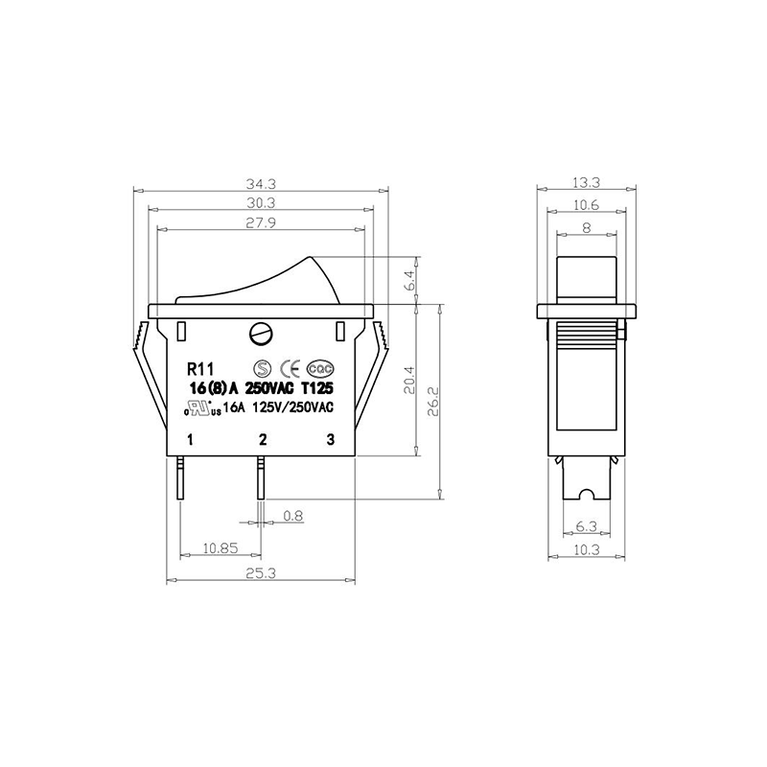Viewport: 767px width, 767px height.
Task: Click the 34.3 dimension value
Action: coord(261,184)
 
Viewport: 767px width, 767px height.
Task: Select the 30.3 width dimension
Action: coord(261,202)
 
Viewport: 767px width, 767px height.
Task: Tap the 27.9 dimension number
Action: coord(261,222)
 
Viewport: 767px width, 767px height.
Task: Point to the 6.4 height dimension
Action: coord(410,280)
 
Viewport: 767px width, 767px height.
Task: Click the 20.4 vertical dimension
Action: coord(409,380)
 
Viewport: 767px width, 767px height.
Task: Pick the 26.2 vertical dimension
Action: coord(434,401)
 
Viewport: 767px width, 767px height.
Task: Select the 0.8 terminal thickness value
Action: coord(293,515)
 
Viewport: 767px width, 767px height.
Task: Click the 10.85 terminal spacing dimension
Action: coord(221,547)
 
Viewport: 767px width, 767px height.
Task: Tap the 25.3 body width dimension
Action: coord(261,573)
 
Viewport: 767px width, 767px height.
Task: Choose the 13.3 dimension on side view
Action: coord(586,183)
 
